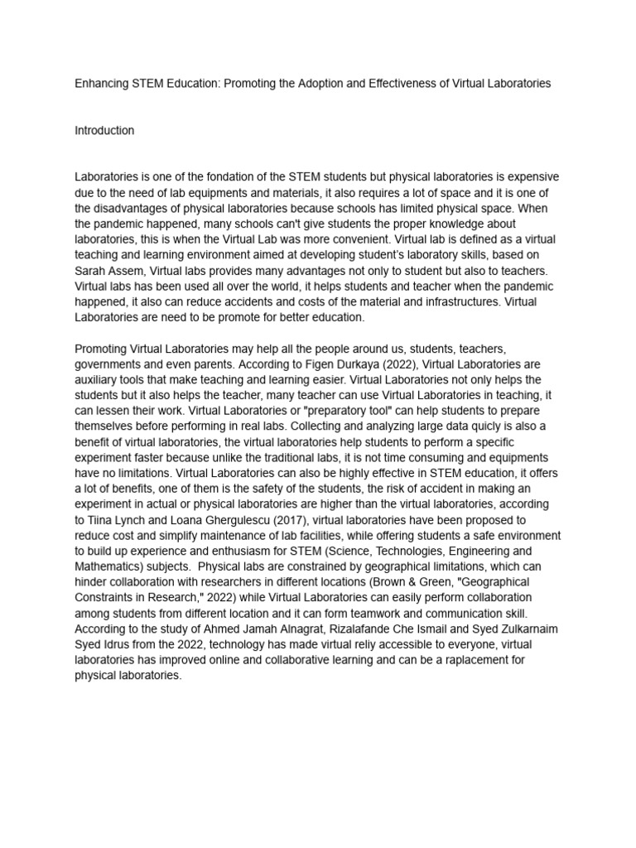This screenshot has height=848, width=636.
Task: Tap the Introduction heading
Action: click(x=104, y=131)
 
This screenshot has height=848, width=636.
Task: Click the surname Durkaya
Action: click(x=252, y=364)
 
